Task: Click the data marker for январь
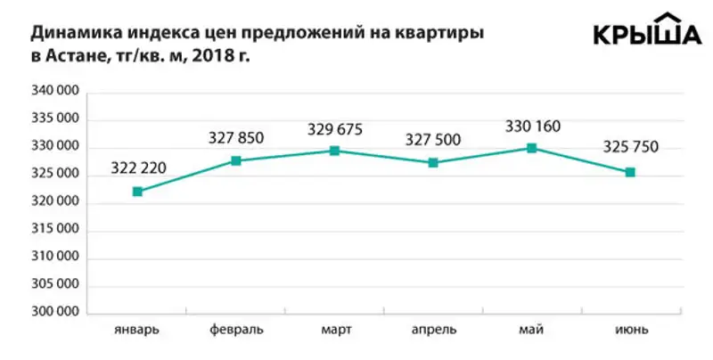point(137,192)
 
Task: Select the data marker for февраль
point(236,160)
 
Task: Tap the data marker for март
point(334,151)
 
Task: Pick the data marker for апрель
point(433,162)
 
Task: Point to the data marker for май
point(532,148)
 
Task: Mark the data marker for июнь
point(630,172)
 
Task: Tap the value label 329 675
point(334,129)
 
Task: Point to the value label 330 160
point(532,126)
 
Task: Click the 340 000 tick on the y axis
point(57,92)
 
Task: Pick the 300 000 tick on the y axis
point(57,314)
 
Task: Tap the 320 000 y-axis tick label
point(57,203)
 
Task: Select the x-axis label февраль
point(236,330)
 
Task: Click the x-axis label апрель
point(433,330)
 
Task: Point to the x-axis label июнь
point(630,330)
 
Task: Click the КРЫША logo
point(647,32)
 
